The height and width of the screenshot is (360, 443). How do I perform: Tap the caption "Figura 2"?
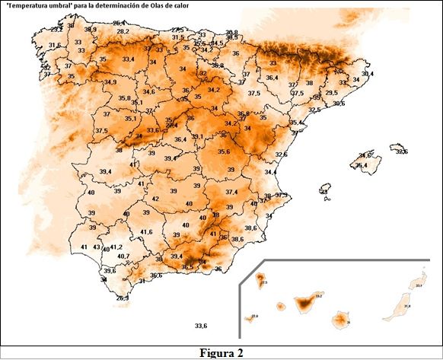coord(221,352)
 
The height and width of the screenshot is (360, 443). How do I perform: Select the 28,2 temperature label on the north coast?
coord(123,31)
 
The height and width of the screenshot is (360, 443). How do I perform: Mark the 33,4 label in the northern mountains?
coord(129,59)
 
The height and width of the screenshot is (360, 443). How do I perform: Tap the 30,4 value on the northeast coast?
coord(368,74)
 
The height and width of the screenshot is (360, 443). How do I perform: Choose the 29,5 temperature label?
coord(331,93)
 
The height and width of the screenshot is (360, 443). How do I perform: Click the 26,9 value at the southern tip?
coord(122,298)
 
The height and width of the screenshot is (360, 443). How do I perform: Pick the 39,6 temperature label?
coord(110,270)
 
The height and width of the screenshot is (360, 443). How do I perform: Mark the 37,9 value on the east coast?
coord(282,196)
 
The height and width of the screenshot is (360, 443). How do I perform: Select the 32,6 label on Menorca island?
coord(401,151)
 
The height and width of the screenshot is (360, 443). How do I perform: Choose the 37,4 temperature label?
coord(231,192)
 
